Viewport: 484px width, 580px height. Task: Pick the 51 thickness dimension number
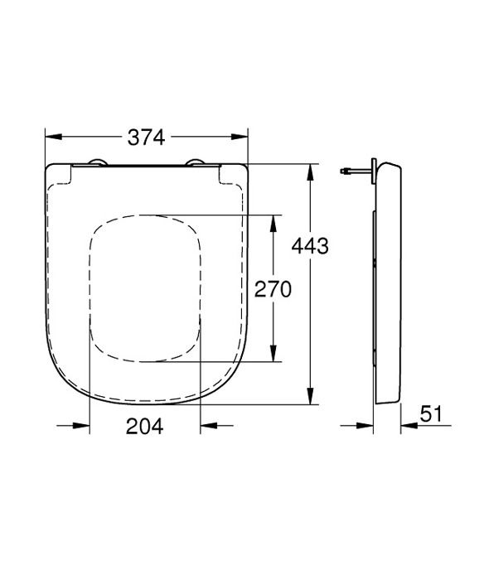[x=430, y=414]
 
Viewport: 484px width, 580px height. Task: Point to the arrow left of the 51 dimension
[x=364, y=427]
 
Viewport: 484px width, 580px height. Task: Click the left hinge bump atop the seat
[x=97, y=162]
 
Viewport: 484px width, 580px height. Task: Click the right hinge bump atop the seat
[x=196, y=162]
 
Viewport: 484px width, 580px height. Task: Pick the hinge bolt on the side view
[x=353, y=172]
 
